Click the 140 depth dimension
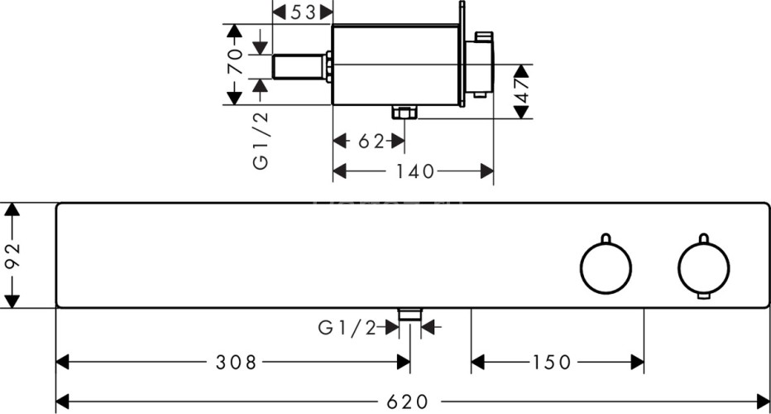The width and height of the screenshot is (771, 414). [415, 171]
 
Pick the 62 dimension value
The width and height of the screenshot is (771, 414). [371, 142]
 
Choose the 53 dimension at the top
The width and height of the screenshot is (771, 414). [305, 12]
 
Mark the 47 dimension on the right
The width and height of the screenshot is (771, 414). [522, 90]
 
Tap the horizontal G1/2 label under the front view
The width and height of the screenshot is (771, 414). [347, 328]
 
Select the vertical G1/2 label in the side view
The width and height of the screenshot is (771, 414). [261, 141]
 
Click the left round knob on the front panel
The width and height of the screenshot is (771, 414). [605, 267]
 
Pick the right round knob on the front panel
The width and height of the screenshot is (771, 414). [704, 267]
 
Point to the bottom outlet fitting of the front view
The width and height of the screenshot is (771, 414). [409, 313]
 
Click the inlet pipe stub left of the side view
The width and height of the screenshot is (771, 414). [299, 67]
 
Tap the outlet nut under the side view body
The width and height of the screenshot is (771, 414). [404, 113]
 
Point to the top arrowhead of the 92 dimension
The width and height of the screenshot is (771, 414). [12, 209]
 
